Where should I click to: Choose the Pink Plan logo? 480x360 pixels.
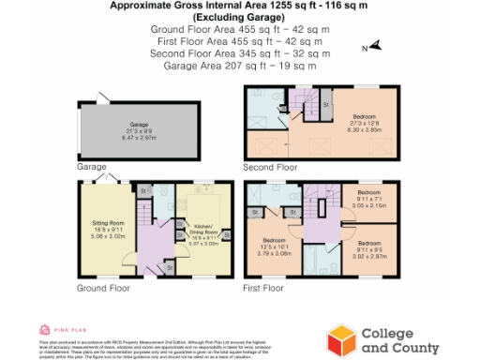point(56,330)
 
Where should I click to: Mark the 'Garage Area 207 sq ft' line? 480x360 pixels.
point(240,66)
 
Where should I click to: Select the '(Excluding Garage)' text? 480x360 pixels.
point(240,18)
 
